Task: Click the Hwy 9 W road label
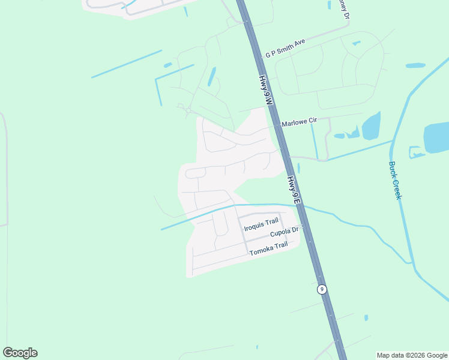(267, 91)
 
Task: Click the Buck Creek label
(394, 180)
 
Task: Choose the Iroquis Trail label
(262, 223)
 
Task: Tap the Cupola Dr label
(284, 232)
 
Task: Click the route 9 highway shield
(322, 289)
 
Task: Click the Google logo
(20, 353)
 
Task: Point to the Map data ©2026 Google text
(412, 355)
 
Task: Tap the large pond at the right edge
(436, 137)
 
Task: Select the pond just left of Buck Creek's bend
(371, 126)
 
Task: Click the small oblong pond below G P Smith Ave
(212, 76)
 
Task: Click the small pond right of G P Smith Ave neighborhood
(415, 65)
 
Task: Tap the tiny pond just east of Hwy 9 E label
(298, 168)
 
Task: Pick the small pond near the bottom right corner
(366, 317)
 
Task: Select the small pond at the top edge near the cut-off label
(330, 5)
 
